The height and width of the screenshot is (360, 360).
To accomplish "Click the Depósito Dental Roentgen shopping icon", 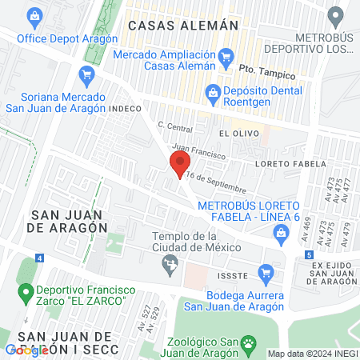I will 213,92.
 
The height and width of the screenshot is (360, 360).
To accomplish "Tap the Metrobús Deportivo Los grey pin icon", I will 338,15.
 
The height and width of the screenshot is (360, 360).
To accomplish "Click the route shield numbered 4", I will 40,262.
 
